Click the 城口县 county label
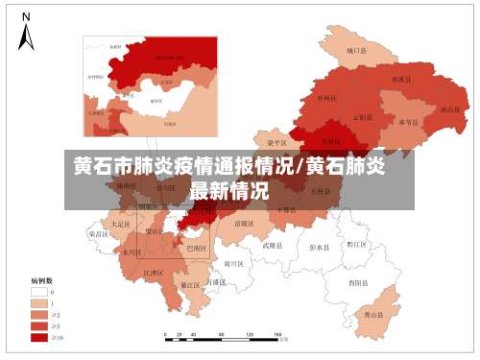tap(358, 50)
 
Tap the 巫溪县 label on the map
tap(400, 79)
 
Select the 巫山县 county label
tap(447, 109)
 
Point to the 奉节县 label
tap(408, 123)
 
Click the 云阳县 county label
tap(363, 117)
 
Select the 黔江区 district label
tap(356, 245)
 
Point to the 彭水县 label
tap(320, 247)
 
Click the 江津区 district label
tap(154, 273)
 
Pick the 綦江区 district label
tap(190, 285)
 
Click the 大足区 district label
tap(120, 224)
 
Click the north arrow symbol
tap(27, 34)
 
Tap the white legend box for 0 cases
tap(39, 291)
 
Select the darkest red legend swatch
tap(39, 336)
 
